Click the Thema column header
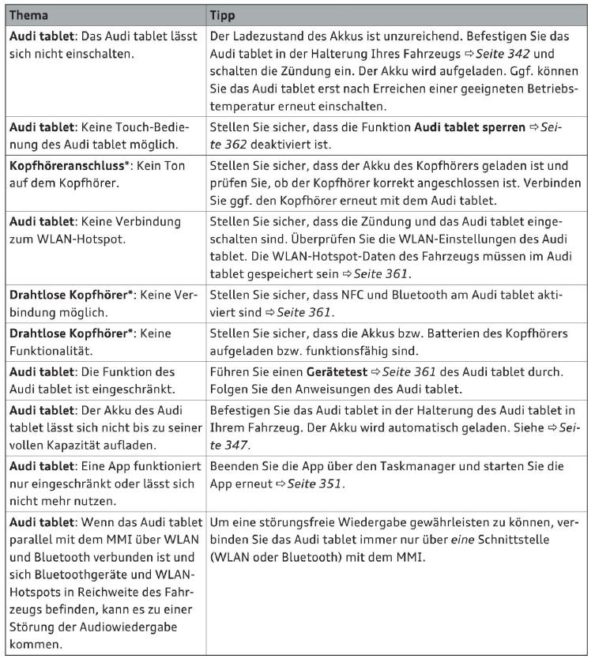pos(28,16)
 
